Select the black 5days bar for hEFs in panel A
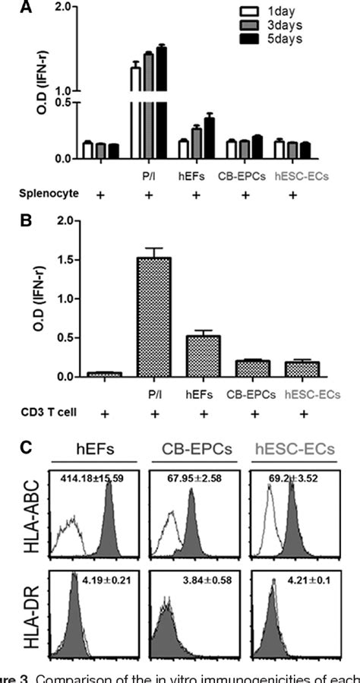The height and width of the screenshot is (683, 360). [x=210, y=138]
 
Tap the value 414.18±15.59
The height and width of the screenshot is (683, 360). [x=97, y=479]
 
